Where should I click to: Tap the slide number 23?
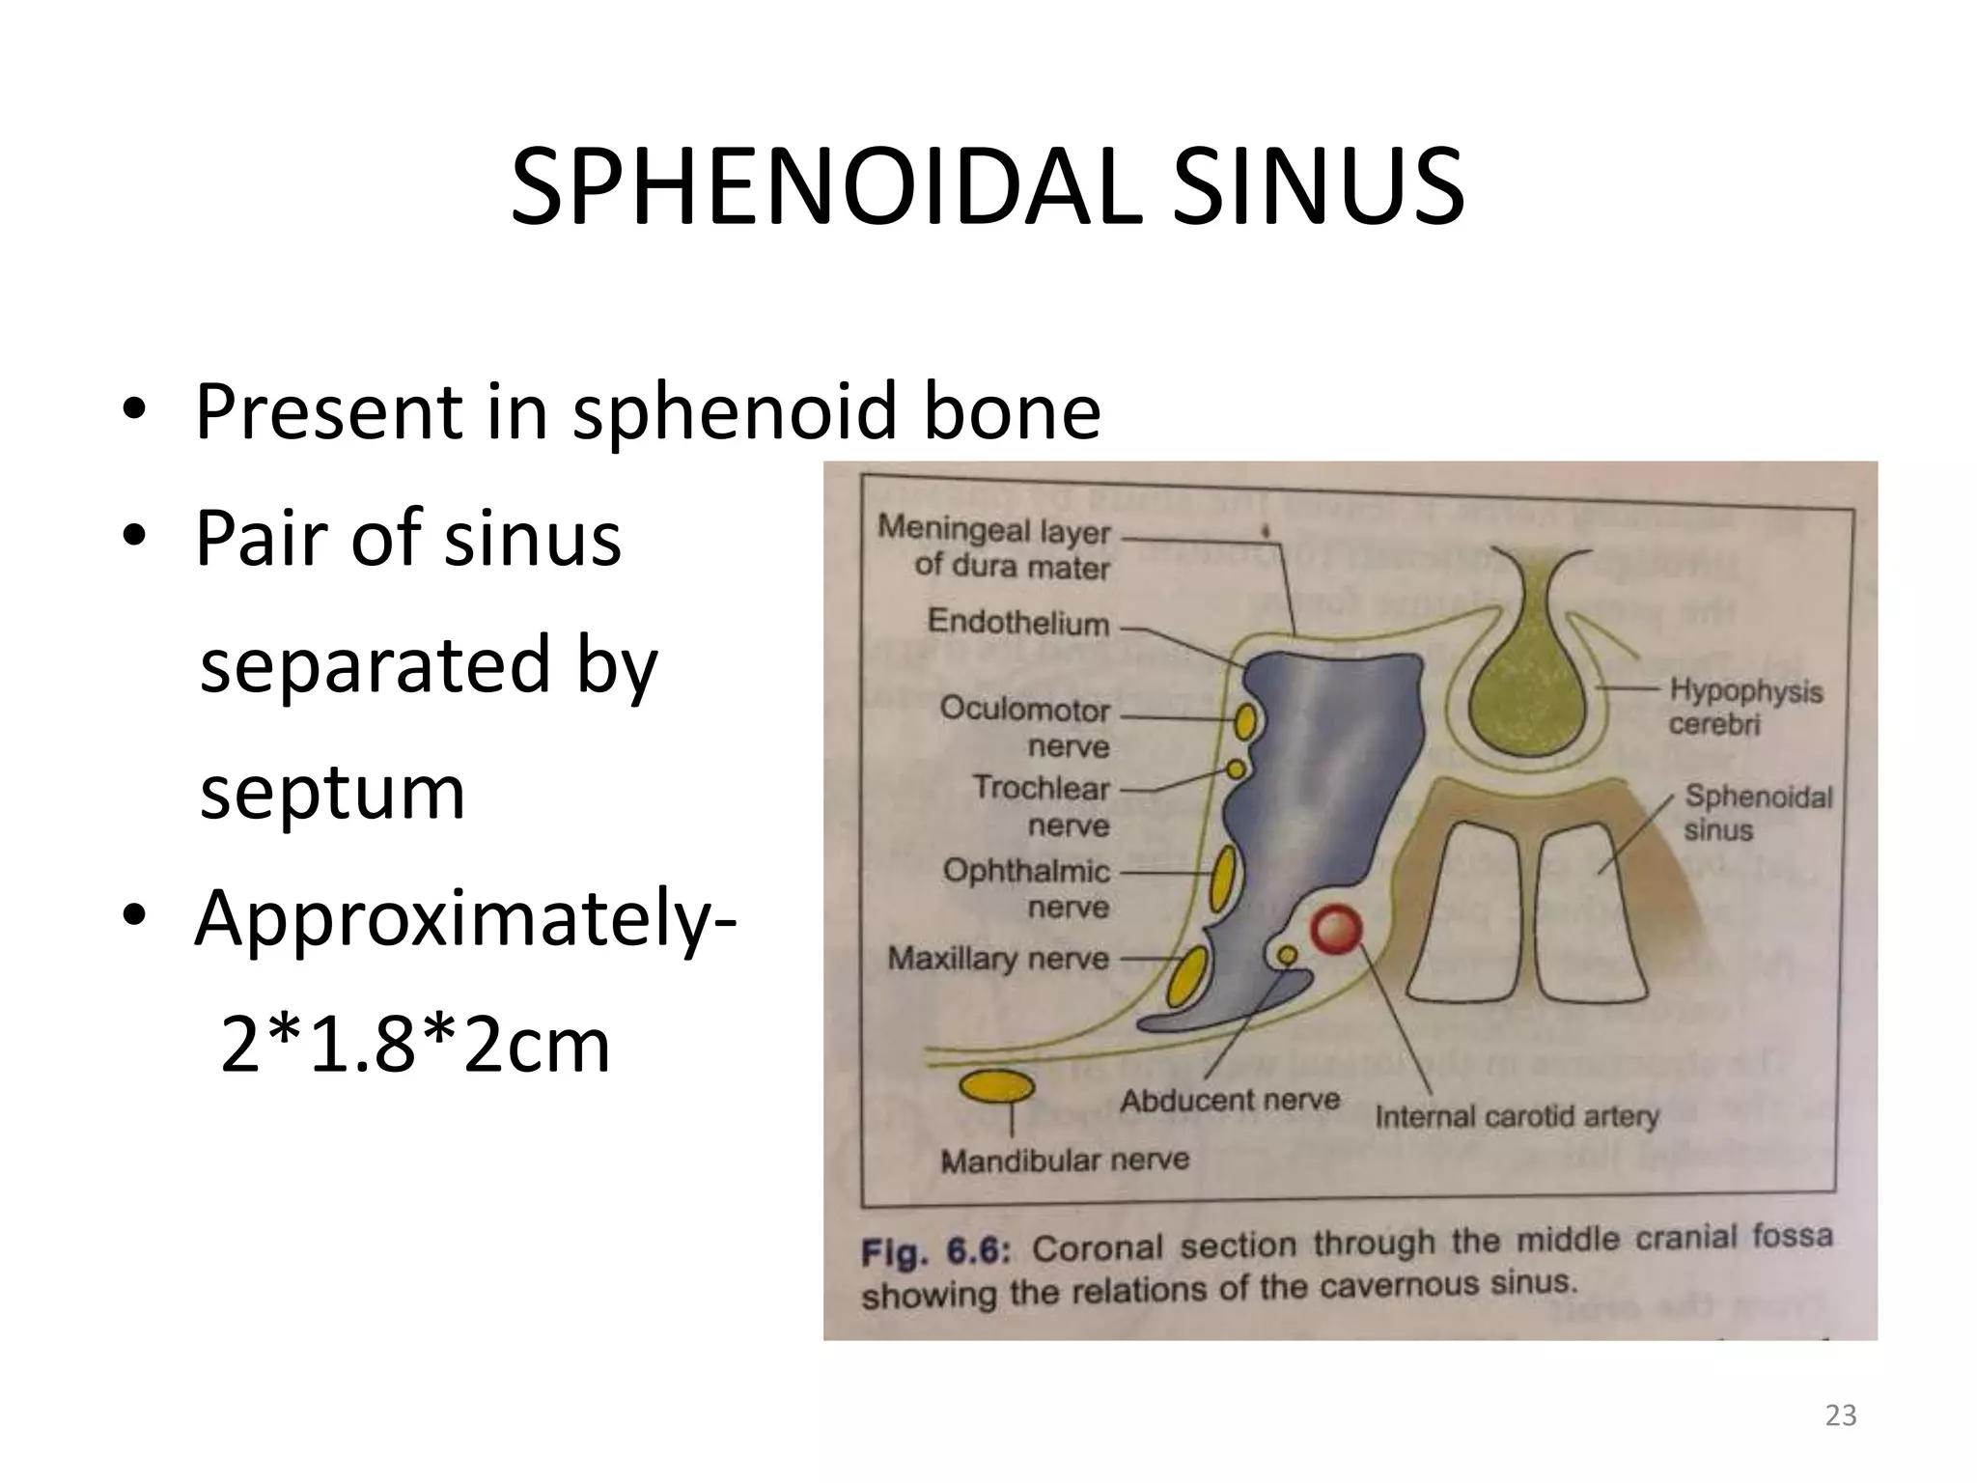point(1841,1414)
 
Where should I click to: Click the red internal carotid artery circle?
point(1335,931)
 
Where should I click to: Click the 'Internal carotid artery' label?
point(1517,1117)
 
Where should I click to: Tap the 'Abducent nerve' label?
point(1230,1100)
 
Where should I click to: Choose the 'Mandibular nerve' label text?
point(1065,1160)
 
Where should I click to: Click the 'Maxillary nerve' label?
point(998,959)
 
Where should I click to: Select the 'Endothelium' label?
point(1018,623)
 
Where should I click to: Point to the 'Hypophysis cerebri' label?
point(1745,707)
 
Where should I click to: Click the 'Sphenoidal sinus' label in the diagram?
point(1757,812)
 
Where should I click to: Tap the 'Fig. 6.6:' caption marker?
point(934,1252)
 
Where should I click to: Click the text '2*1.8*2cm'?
point(415,1045)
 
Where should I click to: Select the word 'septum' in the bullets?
point(332,792)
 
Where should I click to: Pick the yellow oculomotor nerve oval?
point(1246,720)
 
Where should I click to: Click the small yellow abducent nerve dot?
point(1287,955)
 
